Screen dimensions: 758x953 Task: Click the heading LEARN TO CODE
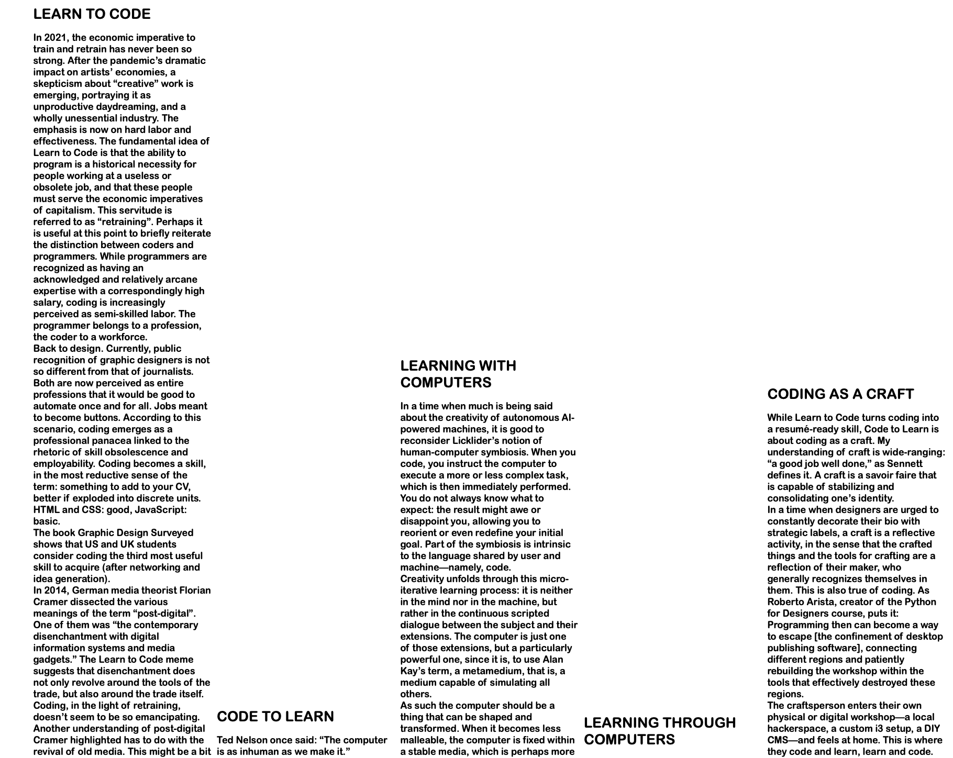tap(92, 14)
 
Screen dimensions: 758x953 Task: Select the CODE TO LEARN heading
tap(275, 717)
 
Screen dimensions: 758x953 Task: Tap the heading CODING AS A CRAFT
tap(840, 394)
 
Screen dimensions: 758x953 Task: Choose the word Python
tap(920, 602)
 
